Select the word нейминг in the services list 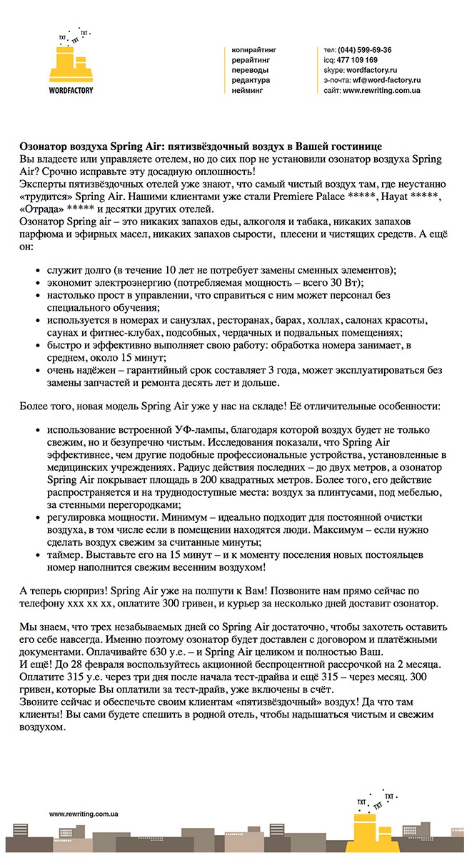[x=247, y=91]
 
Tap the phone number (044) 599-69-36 [x=365, y=50]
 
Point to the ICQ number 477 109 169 [x=357, y=60]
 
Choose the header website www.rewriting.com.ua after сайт [x=381, y=91]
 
